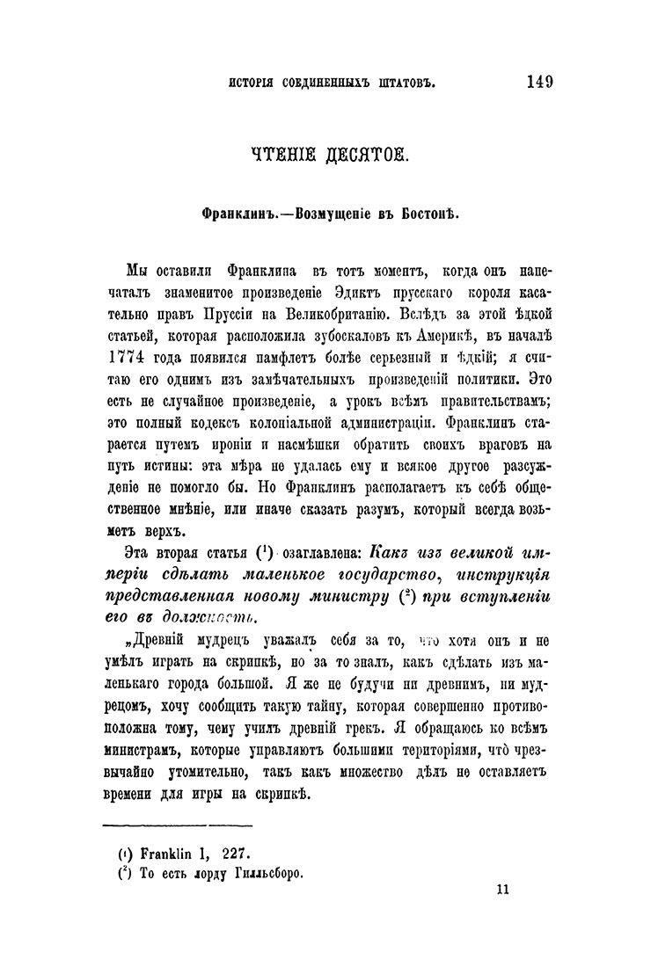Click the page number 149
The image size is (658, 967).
click(540, 82)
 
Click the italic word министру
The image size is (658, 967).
click(342, 598)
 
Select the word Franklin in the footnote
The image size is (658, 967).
click(164, 853)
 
